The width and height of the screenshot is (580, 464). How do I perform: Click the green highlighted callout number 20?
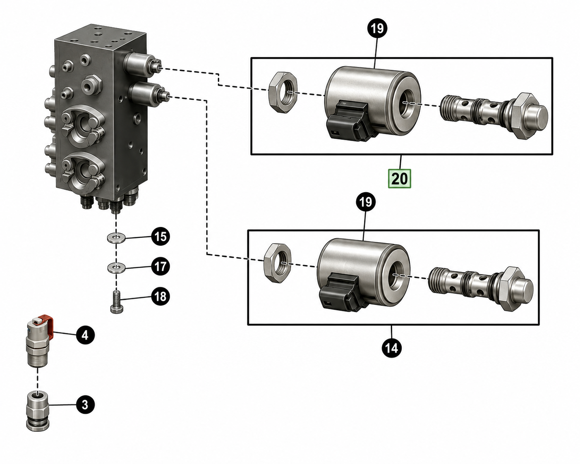pyautogui.click(x=399, y=178)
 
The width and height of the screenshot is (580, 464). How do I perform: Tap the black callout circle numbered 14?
pyautogui.click(x=392, y=348)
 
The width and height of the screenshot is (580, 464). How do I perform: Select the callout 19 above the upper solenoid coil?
pyautogui.click(x=377, y=28)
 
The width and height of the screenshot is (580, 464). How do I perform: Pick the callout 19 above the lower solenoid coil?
pyautogui.click(x=366, y=202)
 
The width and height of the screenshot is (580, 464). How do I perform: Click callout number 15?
pyautogui.click(x=161, y=236)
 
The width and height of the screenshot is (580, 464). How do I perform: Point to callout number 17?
pyautogui.click(x=161, y=266)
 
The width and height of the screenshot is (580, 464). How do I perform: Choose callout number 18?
pyautogui.click(x=161, y=296)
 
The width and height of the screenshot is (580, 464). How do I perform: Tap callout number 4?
pyautogui.click(x=85, y=335)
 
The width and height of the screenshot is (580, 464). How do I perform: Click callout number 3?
pyautogui.click(x=85, y=404)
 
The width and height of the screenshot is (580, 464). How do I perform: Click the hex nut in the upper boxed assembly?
pyautogui.click(x=283, y=92)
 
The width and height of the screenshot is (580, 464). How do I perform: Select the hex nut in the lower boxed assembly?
pyautogui.click(x=277, y=263)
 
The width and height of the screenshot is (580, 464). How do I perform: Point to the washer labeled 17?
pyautogui.click(x=116, y=268)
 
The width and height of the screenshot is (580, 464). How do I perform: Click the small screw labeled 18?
pyautogui.click(x=117, y=302)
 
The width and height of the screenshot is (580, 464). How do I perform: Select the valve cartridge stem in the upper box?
pyautogui.click(x=494, y=115)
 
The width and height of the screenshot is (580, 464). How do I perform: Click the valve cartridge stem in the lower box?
pyautogui.click(x=481, y=288)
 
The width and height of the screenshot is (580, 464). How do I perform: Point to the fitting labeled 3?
pyautogui.click(x=38, y=411)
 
